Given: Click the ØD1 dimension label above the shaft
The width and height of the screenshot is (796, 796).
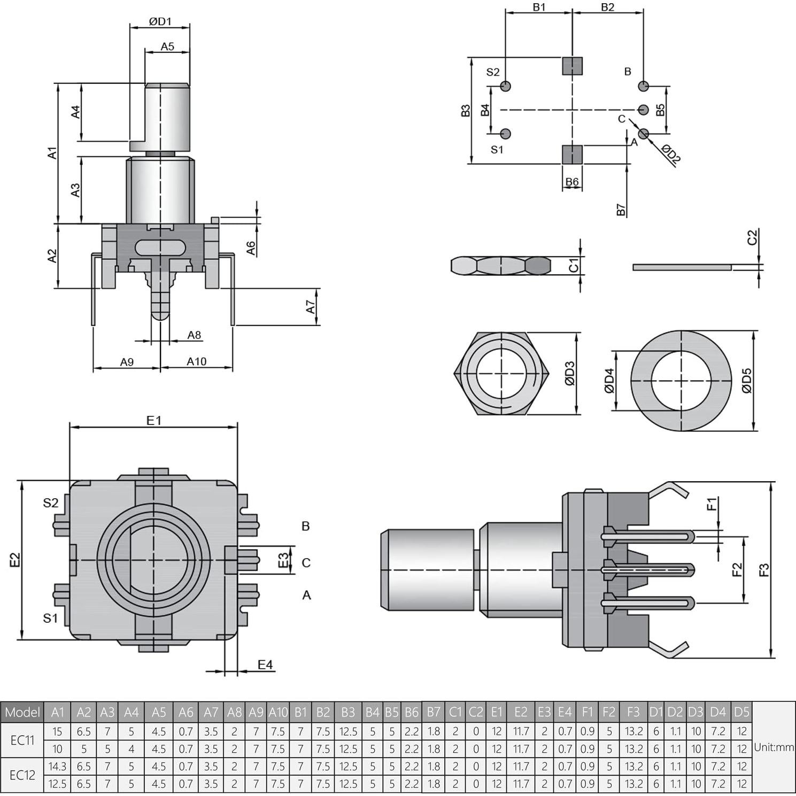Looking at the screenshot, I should [x=160, y=21].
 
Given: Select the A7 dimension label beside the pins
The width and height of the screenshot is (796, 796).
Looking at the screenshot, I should [x=311, y=306].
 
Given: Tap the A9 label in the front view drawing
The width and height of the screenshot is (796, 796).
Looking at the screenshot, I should [x=127, y=362].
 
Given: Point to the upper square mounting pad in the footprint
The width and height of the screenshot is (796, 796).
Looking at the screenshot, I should [x=572, y=66].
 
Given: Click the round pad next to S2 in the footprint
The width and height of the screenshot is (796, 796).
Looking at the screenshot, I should [x=506, y=86].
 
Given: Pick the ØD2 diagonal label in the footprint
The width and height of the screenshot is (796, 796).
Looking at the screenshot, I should [x=671, y=153].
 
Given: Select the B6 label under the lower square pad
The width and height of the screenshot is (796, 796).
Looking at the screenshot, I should [x=572, y=182].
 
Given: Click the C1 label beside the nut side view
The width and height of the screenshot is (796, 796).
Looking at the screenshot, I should [x=574, y=265].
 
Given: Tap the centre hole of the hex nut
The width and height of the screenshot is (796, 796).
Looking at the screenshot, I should [x=501, y=373].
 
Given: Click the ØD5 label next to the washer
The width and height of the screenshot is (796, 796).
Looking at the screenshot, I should [x=747, y=381].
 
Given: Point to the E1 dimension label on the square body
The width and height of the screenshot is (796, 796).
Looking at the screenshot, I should [x=154, y=420].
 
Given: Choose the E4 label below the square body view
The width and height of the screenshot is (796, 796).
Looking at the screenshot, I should [x=265, y=664].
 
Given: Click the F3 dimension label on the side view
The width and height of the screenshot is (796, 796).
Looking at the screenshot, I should [x=764, y=570].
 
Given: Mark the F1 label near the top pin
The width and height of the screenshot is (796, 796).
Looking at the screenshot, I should [x=712, y=504].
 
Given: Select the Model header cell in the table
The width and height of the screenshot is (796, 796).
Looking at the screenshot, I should [x=22, y=712].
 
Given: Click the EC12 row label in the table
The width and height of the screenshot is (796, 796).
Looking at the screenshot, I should [x=22, y=775].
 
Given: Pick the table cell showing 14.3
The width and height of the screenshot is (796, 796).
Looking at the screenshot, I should [x=57, y=766].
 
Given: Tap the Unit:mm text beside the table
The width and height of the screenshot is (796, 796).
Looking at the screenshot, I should [x=774, y=747].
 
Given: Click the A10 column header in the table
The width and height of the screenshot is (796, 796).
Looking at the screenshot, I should [x=278, y=712].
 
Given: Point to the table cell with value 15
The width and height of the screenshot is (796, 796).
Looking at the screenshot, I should [x=57, y=731].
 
